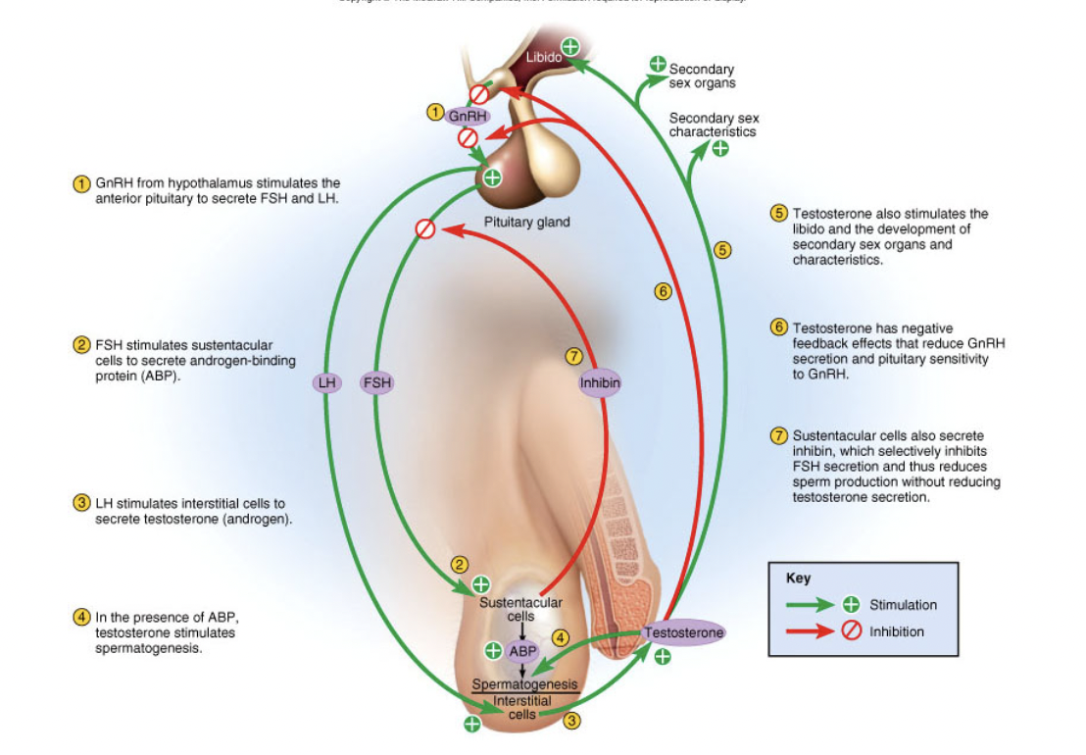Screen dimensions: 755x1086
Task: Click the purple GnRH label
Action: pyautogui.click(x=468, y=117)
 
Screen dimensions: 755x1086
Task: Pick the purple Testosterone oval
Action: pyautogui.click(x=684, y=633)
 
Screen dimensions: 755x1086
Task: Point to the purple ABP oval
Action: pyautogui.click(x=522, y=650)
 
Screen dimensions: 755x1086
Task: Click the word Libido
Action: pyautogui.click(x=543, y=58)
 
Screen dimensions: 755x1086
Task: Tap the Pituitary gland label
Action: pyautogui.click(x=526, y=223)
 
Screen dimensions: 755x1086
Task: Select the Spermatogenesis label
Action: pyautogui.click(x=524, y=684)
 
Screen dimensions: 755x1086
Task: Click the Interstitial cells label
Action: pyautogui.click(x=522, y=707)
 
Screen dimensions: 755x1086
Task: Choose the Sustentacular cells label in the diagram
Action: pyautogui.click(x=520, y=609)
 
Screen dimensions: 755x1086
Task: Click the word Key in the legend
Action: pyautogui.click(x=798, y=579)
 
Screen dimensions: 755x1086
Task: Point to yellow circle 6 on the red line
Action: pyautogui.click(x=663, y=290)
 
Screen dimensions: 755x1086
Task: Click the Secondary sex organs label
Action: pyautogui.click(x=702, y=76)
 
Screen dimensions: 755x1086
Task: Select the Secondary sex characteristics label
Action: pyautogui.click(x=713, y=125)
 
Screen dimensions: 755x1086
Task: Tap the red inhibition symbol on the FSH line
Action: pyautogui.click(x=425, y=228)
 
